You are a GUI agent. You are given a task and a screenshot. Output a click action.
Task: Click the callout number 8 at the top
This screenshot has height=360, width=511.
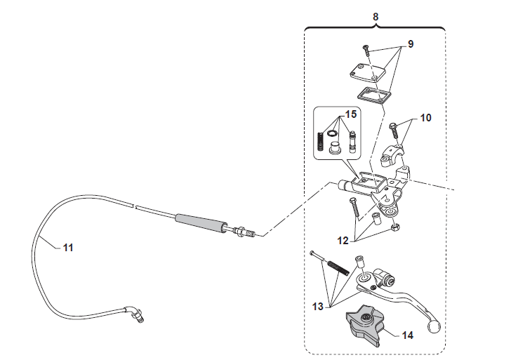point(376,16)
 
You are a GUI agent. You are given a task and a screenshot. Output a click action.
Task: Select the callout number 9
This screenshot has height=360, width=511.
point(411,44)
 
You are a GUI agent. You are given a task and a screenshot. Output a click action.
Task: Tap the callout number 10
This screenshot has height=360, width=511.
point(425,118)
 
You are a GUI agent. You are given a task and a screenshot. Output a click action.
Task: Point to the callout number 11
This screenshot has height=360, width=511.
point(68,248)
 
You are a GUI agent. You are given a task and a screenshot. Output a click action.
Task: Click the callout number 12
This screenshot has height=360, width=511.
point(343,241)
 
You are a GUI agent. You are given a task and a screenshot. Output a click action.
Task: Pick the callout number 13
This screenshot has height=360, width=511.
point(318,307)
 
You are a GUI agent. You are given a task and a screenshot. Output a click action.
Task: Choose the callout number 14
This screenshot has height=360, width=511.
point(407,335)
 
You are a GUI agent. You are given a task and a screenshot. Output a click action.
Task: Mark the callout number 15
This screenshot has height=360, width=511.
point(351,114)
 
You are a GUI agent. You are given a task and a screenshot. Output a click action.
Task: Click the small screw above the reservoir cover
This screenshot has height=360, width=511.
point(366,51)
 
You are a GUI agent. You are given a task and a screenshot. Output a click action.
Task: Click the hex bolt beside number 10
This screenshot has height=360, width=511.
point(393,131)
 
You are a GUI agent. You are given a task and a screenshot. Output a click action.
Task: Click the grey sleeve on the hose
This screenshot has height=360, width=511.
point(201,222)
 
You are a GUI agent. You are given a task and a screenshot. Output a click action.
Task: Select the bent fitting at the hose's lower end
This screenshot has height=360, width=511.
point(133,313)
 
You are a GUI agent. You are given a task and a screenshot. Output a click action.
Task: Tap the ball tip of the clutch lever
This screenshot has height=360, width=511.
point(434,327)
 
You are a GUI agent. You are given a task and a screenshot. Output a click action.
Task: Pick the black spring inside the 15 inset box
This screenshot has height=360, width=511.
point(92,141)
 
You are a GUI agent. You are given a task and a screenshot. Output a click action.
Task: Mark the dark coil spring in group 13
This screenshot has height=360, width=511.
point(338,265)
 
